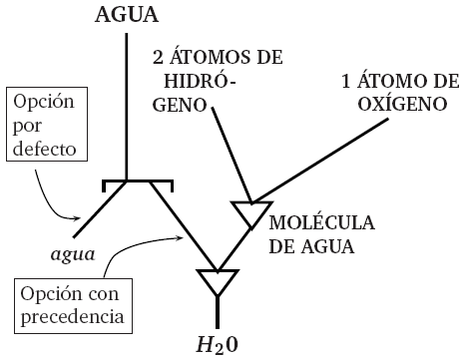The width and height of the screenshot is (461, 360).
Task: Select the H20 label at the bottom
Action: (216, 343)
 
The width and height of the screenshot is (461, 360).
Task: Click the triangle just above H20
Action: (216, 281)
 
